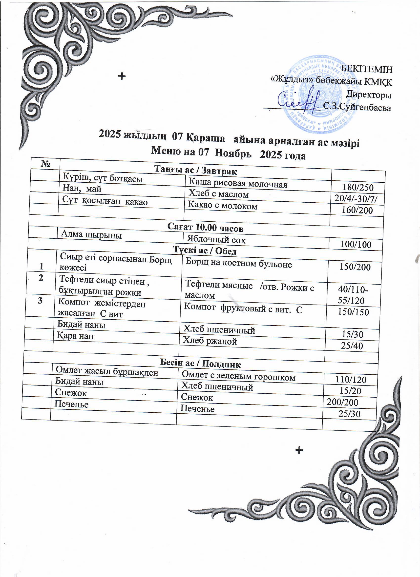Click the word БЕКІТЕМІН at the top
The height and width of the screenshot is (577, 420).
pos(367,69)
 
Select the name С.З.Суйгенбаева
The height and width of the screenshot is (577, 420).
pos(357,107)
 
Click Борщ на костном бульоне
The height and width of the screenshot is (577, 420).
pos(239,264)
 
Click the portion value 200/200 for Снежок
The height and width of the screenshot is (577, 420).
pos(342,402)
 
